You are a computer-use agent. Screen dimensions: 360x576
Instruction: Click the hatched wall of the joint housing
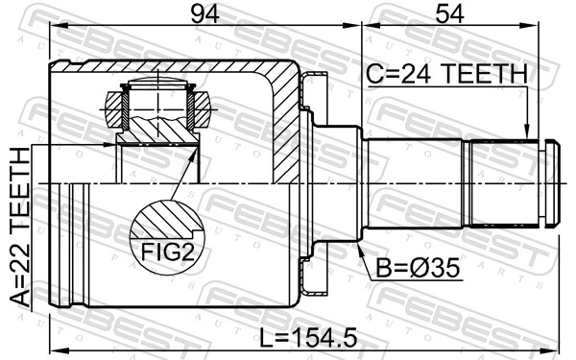285,125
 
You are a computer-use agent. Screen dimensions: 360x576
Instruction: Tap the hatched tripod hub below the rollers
156,128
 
